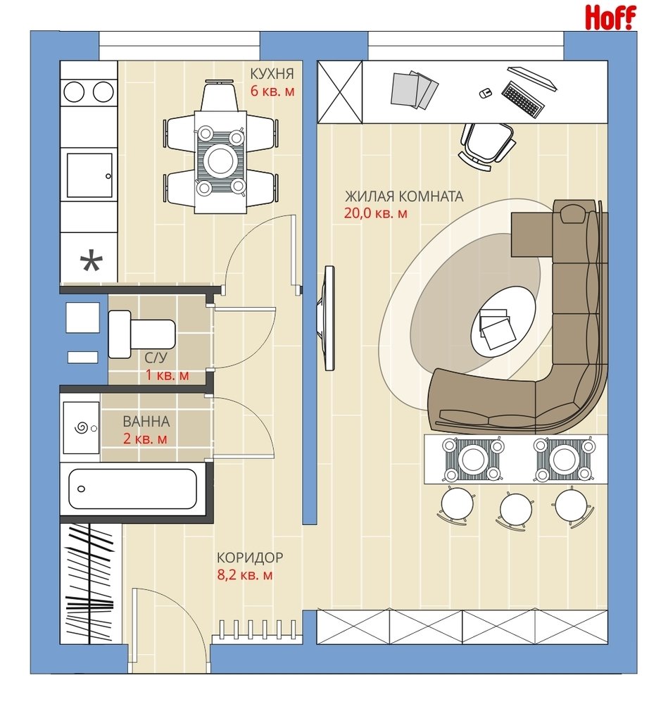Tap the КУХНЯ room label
point(272,73)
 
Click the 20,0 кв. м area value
point(375,213)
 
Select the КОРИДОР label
point(250,557)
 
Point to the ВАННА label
point(146,421)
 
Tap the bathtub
point(132,489)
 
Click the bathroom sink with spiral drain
point(81,428)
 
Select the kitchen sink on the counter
point(89,175)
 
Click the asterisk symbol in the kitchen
point(91,263)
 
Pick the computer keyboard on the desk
point(523,99)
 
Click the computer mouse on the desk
point(485,93)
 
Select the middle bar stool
point(516,510)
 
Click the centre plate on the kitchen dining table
point(220,160)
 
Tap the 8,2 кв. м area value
point(245,574)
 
